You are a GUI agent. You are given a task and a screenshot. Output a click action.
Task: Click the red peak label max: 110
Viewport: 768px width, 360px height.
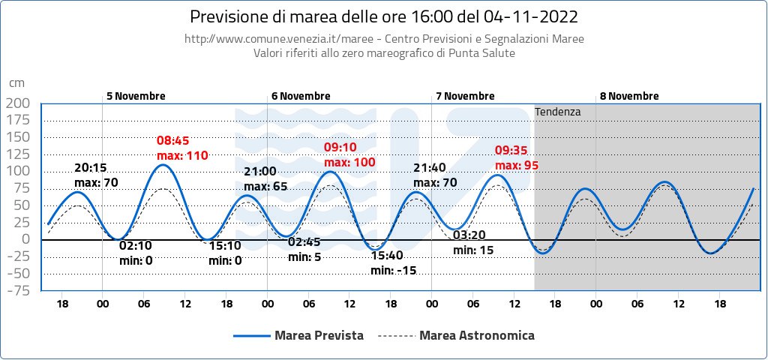point(182,156)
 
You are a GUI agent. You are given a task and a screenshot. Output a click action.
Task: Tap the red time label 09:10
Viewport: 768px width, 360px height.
point(340,147)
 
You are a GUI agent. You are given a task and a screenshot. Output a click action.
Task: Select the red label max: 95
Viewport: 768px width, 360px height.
point(517,165)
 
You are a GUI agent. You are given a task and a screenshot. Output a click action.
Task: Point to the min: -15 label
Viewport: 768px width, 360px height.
point(393,270)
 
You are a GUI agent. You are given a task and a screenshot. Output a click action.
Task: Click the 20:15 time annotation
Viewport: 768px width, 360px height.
point(90,168)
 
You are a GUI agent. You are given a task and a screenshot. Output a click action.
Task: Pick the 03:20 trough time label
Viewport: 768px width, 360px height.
point(469,235)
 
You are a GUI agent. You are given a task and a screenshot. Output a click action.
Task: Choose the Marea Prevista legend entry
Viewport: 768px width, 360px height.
point(298,335)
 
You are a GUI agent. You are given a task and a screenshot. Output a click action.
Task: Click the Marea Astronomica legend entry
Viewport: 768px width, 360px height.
point(457,335)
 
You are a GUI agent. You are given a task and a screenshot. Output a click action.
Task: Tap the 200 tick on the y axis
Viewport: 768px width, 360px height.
point(19,103)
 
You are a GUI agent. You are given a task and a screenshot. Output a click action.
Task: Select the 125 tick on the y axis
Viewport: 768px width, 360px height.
point(19,154)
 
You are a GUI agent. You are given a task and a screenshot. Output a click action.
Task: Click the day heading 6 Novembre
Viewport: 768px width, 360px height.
point(301,96)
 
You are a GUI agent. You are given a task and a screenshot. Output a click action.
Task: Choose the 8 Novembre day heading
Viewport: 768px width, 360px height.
point(629,96)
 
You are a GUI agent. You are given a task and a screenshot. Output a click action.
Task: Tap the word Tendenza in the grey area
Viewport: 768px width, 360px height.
point(558,112)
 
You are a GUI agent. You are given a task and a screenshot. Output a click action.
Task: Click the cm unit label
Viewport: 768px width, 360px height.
point(16,83)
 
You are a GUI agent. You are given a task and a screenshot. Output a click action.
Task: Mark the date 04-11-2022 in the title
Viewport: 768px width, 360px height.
point(532,16)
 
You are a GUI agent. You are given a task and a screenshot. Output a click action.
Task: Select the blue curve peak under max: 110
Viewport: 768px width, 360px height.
point(163,164)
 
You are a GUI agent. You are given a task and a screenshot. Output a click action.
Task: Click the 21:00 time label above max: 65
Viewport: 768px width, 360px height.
point(260,172)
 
